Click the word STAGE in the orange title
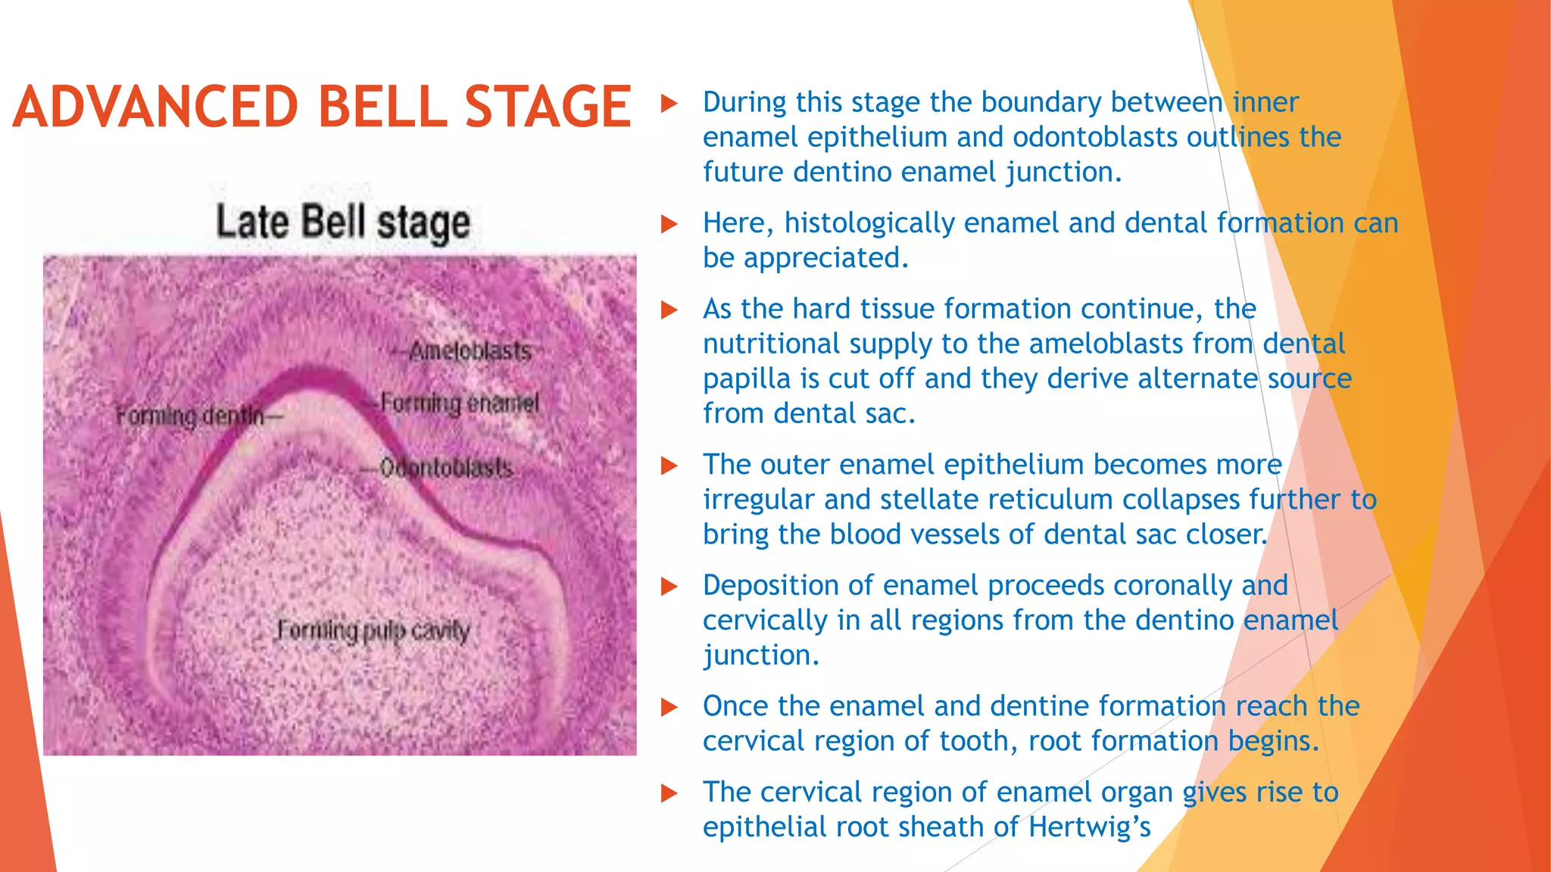(x=547, y=107)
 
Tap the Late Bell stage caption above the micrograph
(x=342, y=223)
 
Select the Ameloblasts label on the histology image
(x=470, y=351)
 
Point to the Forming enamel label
(x=459, y=403)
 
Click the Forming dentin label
(x=190, y=416)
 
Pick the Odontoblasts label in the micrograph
(x=446, y=468)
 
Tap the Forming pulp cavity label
(x=373, y=631)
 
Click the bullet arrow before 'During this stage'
(x=668, y=103)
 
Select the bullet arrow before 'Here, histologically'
(x=668, y=224)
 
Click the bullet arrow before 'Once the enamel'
(x=668, y=707)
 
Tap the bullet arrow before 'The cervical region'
(x=668, y=793)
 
